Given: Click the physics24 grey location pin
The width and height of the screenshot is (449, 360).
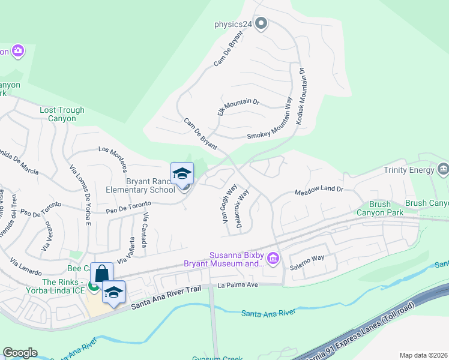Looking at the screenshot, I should coord(261,24).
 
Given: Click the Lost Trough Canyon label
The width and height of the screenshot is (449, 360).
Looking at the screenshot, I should coord(62,114).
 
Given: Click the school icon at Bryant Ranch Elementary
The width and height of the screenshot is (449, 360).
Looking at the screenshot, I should coord(182,175).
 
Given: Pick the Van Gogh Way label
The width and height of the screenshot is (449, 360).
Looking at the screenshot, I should coord(226,206).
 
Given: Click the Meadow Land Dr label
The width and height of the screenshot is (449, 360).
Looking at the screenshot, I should coord(318,191).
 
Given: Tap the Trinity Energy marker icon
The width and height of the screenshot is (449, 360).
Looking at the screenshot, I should coord(444,170).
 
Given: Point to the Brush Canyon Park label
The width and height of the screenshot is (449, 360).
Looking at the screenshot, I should coord(379,208).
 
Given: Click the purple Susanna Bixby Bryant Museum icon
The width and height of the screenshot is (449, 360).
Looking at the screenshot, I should coord(273,259).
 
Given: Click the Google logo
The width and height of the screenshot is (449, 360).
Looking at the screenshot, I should coord(20,353).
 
